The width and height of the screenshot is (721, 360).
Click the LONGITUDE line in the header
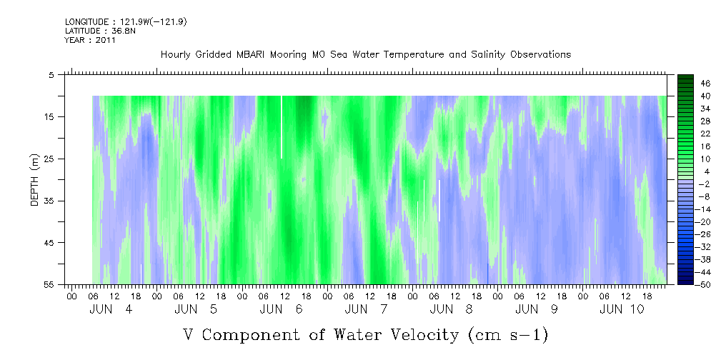[x=126, y=22]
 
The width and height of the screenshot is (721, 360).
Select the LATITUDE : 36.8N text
[x=97, y=31]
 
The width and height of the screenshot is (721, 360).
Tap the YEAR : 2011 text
[x=90, y=40]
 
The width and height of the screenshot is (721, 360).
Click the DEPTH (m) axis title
[x=35, y=180]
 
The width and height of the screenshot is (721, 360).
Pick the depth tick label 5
[x=51, y=75]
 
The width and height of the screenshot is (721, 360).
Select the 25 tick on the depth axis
[x=49, y=159]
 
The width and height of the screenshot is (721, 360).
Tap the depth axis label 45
[x=49, y=243]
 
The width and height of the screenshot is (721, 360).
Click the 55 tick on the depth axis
[x=49, y=284]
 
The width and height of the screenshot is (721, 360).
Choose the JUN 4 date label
[x=111, y=309]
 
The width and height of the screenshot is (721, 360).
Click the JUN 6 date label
[x=281, y=309]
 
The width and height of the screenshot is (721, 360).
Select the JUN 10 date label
[x=622, y=309]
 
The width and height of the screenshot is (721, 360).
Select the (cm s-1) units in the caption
[x=507, y=335]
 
